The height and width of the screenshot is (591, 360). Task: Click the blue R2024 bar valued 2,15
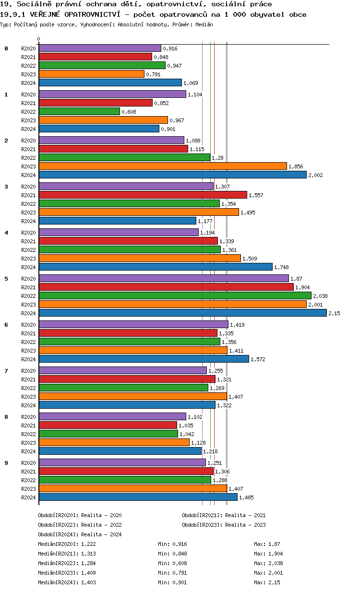pyautogui.click(x=182, y=313)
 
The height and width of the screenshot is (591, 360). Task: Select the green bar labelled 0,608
pyautogui.click(x=79, y=111)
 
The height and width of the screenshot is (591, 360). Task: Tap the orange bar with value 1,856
pyautogui.click(x=163, y=166)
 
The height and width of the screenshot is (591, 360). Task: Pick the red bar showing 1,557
pyautogui.click(x=143, y=195)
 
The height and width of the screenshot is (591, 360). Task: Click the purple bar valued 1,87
pyautogui.click(x=164, y=278)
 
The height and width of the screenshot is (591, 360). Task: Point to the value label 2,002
pyautogui.click(x=315, y=175)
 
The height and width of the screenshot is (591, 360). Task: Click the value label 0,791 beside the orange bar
pyautogui.click(x=153, y=74)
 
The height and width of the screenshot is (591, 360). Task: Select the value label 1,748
pyautogui.click(x=281, y=267)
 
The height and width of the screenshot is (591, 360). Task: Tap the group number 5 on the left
pyautogui.click(x=6, y=279)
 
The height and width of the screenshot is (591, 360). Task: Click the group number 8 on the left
pyautogui.click(x=6, y=417)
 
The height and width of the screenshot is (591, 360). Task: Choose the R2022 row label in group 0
pyautogui.click(x=28, y=66)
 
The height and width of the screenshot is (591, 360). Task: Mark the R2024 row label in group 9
pyautogui.click(x=28, y=497)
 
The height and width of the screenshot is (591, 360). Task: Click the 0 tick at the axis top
pyautogui.click(x=39, y=39)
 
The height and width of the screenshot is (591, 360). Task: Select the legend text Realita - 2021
pyautogui.click(x=245, y=515)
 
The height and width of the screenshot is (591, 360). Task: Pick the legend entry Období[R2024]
pyautogui.click(x=58, y=534)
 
